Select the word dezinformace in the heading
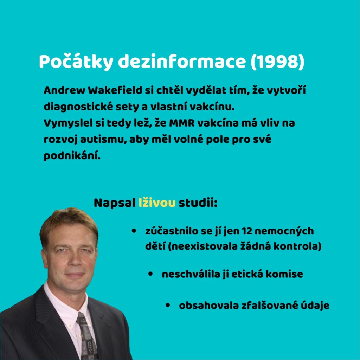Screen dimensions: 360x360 coord(182,61)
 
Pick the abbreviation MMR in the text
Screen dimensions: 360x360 coord(182,123)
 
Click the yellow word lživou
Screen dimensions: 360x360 coord(157,203)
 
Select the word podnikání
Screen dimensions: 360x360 coord(72,156)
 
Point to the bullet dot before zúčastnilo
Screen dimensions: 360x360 coord(134,231)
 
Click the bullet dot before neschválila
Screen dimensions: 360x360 coord(150,274)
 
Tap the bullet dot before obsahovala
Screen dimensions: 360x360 coord(168,305)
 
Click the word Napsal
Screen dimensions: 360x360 coord(115,203)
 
